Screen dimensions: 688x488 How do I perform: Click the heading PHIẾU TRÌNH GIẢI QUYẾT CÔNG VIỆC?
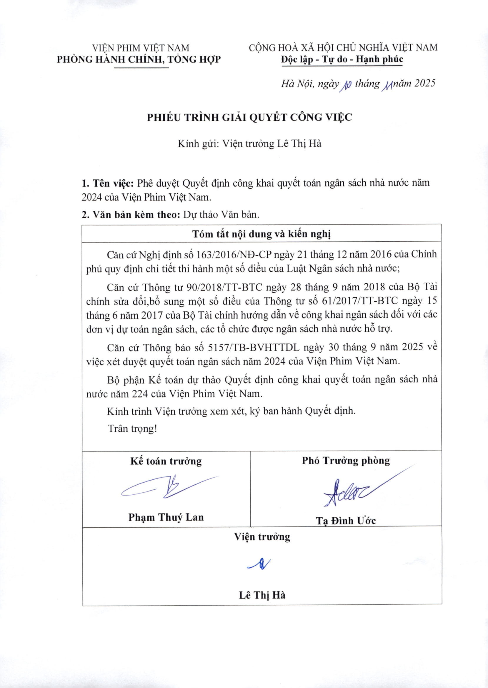[249, 117]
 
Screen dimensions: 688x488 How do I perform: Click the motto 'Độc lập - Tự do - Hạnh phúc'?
[342, 59]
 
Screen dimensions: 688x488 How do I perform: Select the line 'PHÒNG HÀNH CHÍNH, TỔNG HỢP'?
[139, 59]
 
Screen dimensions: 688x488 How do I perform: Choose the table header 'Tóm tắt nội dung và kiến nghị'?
[262, 234]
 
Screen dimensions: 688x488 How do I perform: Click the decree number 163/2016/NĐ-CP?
[234, 255]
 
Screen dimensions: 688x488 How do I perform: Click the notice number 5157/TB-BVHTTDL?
[254, 348]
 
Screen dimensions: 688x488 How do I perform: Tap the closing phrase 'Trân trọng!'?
[132, 429]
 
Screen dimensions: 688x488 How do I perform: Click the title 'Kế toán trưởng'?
[166, 461]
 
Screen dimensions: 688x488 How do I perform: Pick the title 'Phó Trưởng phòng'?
[346, 461]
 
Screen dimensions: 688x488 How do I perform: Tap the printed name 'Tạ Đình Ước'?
[346, 521]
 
